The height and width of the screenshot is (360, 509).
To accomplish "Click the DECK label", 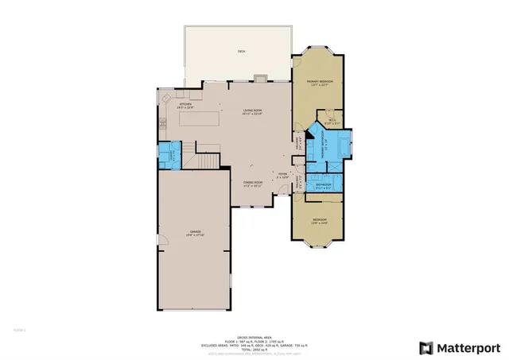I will (x=241, y=52).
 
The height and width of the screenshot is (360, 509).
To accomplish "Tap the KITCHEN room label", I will (x=185, y=104).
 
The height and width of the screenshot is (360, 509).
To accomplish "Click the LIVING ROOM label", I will (x=252, y=111).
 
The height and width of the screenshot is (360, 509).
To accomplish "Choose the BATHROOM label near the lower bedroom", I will (x=323, y=186).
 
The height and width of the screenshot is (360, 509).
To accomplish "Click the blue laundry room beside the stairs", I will (x=169, y=153).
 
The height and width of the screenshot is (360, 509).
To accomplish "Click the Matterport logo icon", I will (x=426, y=347).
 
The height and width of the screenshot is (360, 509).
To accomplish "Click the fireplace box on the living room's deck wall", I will (x=260, y=78).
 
